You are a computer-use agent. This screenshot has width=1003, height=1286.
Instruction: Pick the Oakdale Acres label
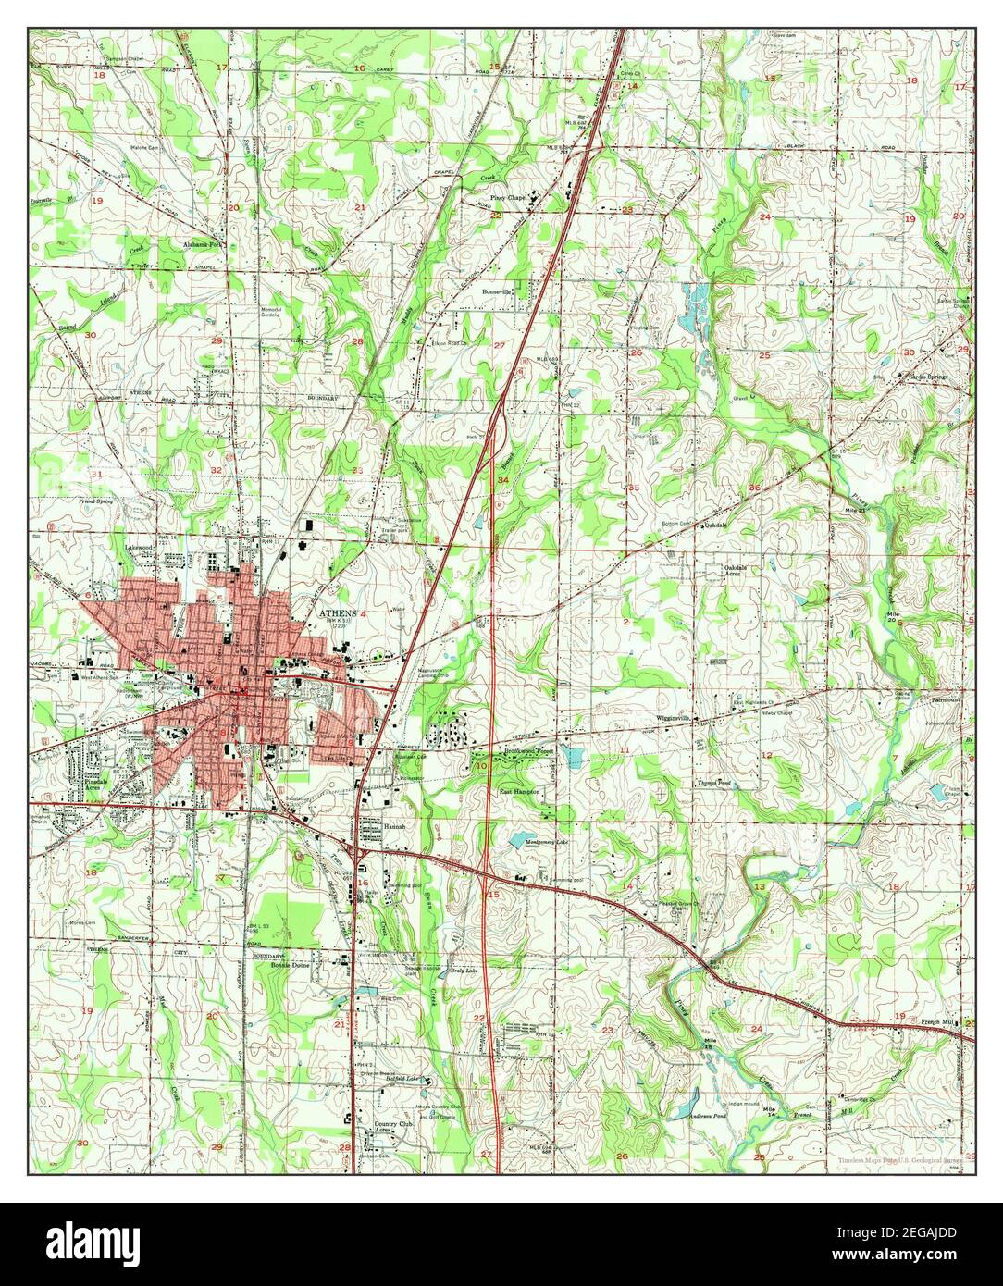coord(737,570)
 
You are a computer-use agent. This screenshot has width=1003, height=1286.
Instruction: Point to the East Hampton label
coord(518,793)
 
